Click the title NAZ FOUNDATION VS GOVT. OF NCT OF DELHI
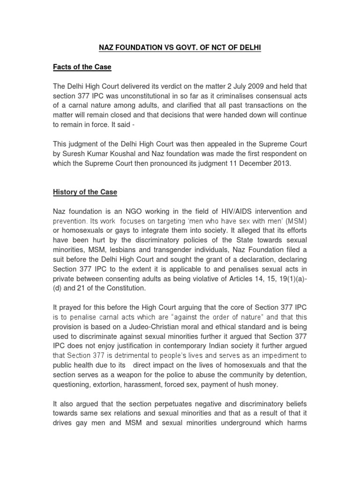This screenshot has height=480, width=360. click(x=180, y=47)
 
